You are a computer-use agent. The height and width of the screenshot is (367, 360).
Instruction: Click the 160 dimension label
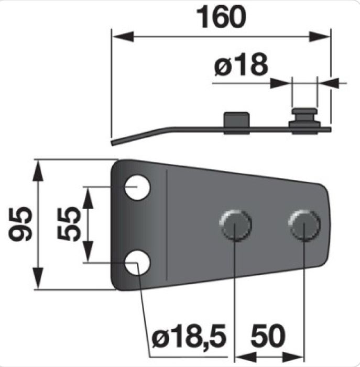point(221,17)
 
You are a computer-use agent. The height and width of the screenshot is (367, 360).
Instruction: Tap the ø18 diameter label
point(241,64)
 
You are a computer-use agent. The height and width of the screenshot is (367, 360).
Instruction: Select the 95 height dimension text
point(20,224)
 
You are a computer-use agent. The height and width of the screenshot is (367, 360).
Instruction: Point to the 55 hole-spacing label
point(69,224)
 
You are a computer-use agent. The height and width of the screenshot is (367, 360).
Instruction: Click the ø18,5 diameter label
point(189,337)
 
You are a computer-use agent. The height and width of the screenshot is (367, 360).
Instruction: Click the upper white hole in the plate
point(137,187)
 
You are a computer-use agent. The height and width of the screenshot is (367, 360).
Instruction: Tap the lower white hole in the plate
point(137,263)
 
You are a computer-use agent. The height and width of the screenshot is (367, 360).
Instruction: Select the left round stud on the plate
point(235,225)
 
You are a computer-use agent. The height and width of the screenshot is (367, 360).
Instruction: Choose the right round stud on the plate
point(304,225)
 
